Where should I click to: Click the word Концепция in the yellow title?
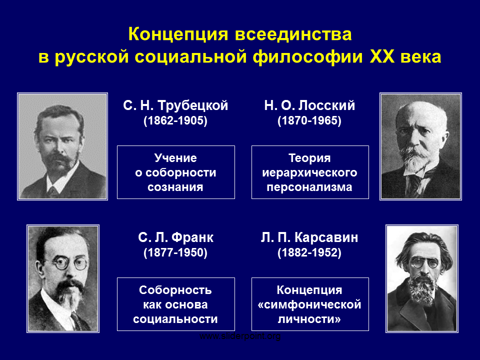178,34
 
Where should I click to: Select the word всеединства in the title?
293,34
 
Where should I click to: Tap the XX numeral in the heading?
382,57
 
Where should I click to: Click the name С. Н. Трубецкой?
175,105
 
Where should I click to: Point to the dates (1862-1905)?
175,120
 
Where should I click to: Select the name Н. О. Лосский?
309,105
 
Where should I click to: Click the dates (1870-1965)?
309,120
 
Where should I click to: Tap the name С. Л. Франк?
175,237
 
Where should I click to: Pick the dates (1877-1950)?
175,252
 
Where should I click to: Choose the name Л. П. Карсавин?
309,237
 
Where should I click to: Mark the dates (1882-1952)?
309,252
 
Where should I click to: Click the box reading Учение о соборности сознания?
176,172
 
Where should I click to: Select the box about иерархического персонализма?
310,172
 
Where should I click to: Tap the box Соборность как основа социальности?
176,304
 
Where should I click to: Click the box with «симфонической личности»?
310,304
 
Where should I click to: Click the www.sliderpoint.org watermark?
240,336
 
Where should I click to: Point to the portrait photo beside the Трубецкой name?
62,146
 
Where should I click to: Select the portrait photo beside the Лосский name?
420,146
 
